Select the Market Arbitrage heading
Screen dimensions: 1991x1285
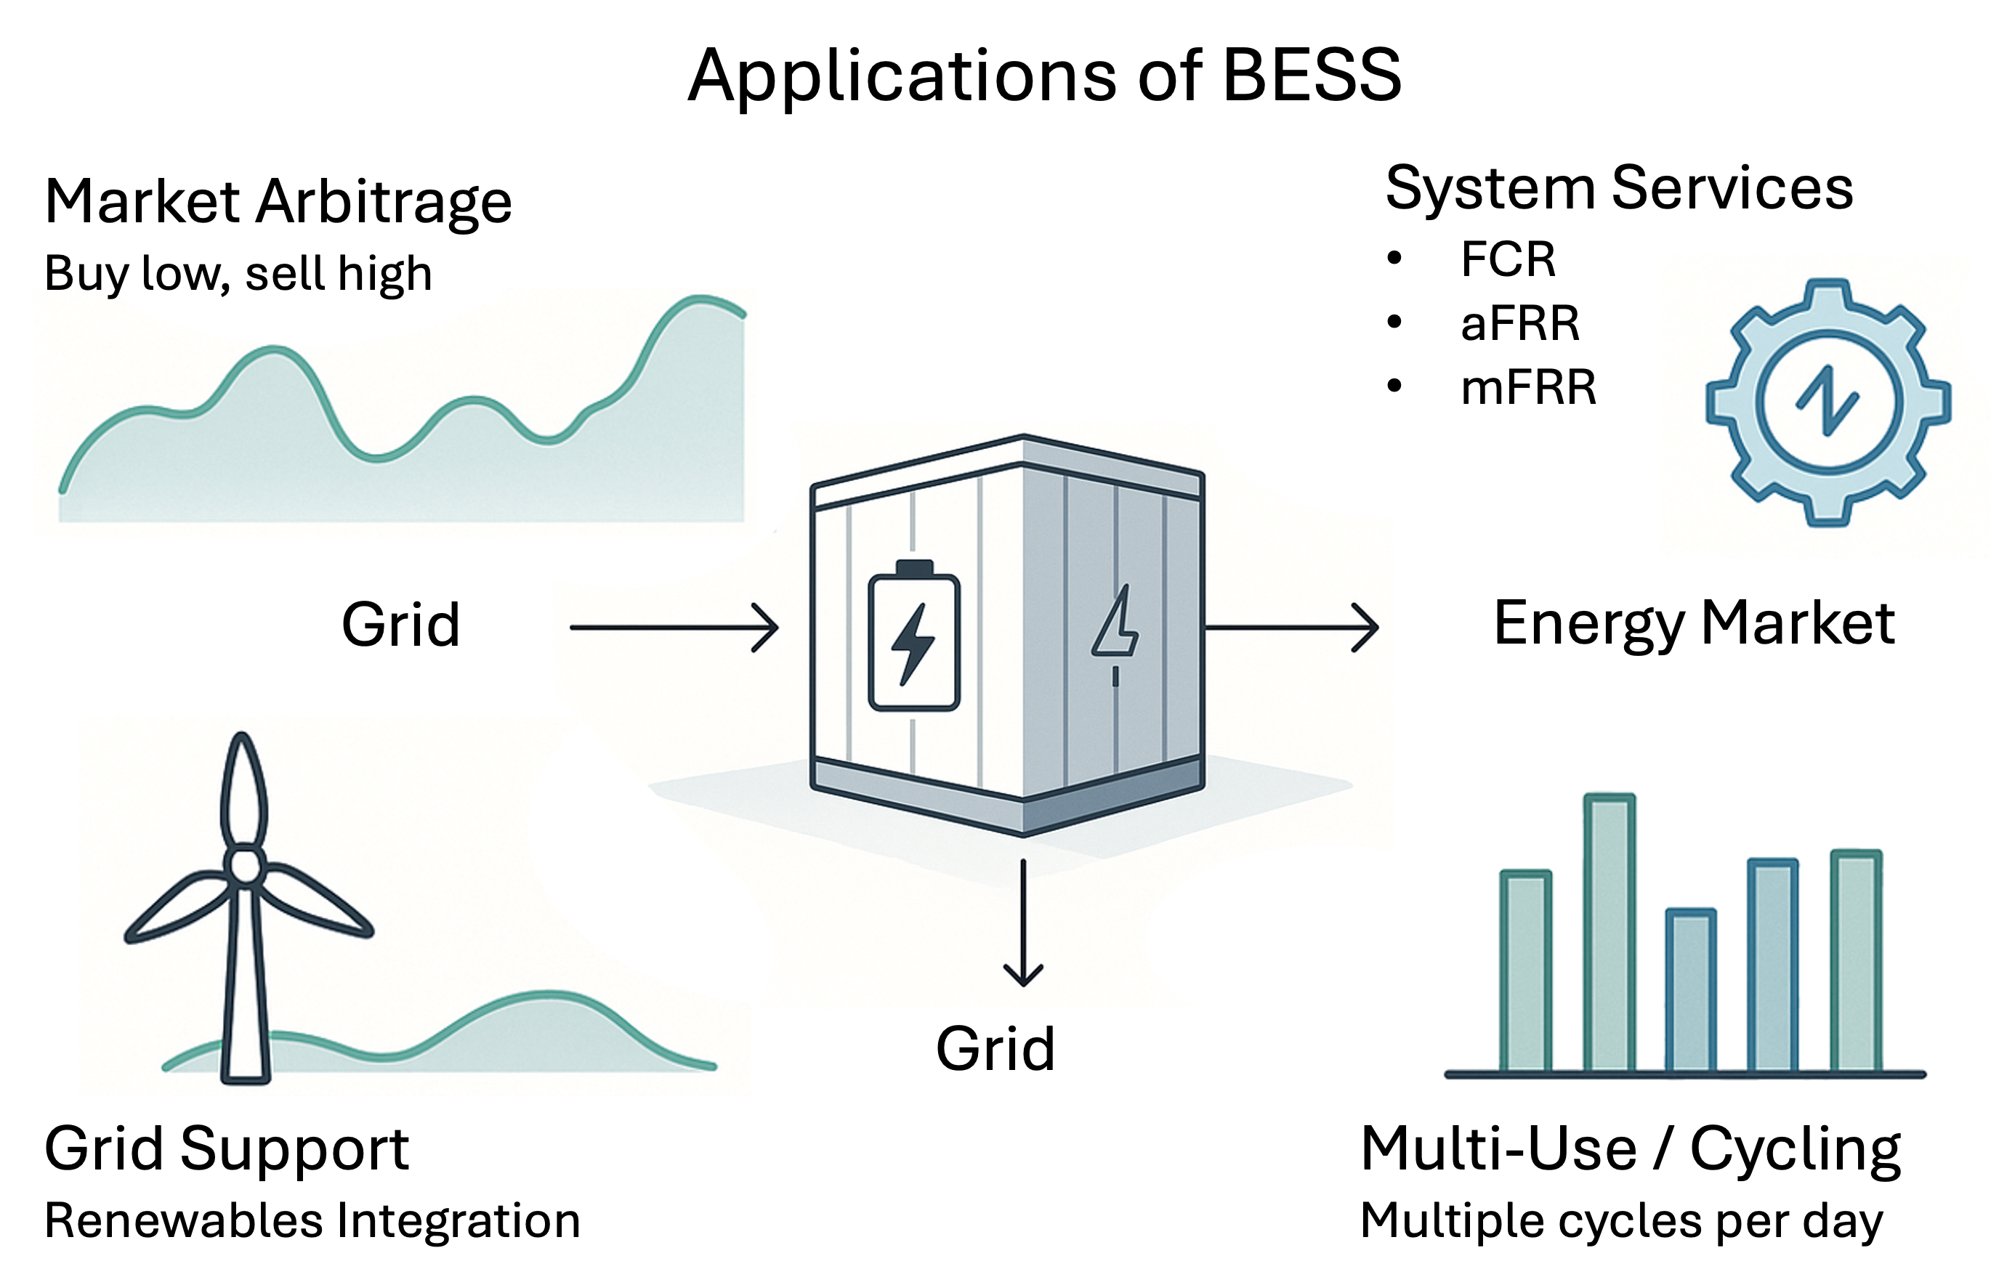[x=278, y=203]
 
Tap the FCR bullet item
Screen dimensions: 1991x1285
[x=1508, y=259]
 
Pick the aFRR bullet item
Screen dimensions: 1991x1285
[x=1519, y=323]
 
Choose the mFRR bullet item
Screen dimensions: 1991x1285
[x=1528, y=387]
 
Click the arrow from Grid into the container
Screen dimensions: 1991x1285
[x=674, y=628]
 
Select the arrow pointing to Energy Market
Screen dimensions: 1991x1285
[x=1291, y=628]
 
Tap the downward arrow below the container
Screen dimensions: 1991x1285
[x=1023, y=923]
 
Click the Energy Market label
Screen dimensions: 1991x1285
[x=1694, y=624]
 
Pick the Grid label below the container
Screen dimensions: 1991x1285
[x=995, y=1048]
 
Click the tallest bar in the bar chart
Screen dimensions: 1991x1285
[x=1609, y=932]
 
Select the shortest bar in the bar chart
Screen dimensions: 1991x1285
[x=1691, y=989]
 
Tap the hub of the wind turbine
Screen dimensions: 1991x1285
[x=244, y=865]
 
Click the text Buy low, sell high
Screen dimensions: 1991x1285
[x=238, y=274]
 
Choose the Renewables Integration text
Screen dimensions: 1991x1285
[x=312, y=1221]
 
